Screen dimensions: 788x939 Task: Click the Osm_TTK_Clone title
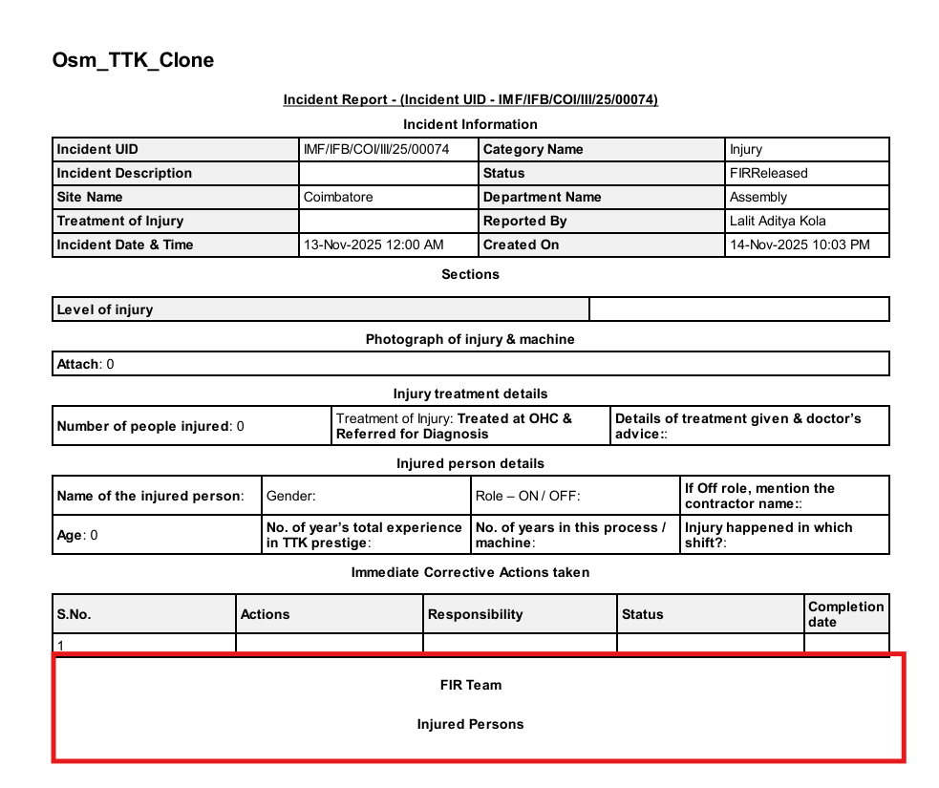point(133,60)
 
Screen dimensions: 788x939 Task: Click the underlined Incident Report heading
point(470,99)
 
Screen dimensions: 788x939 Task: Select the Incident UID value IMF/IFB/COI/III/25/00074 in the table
point(375,149)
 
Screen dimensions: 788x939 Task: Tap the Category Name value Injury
point(746,149)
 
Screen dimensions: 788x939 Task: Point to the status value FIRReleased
point(768,173)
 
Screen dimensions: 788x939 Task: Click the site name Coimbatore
point(338,197)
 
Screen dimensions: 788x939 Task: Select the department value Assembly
point(758,197)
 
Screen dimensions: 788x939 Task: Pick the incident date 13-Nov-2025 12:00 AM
point(373,245)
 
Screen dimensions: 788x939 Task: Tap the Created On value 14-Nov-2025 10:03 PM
point(800,245)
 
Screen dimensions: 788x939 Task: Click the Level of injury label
point(105,309)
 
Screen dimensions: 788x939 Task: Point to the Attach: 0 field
point(86,364)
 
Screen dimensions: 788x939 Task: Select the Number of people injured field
point(151,426)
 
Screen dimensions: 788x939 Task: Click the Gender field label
point(290,496)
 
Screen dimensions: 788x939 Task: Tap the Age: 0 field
point(77,535)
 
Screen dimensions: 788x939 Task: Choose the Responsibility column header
point(476,614)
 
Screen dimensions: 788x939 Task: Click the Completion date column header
point(845,614)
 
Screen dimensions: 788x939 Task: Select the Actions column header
point(266,614)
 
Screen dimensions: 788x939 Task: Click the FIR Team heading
point(470,685)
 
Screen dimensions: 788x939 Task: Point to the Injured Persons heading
point(470,724)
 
